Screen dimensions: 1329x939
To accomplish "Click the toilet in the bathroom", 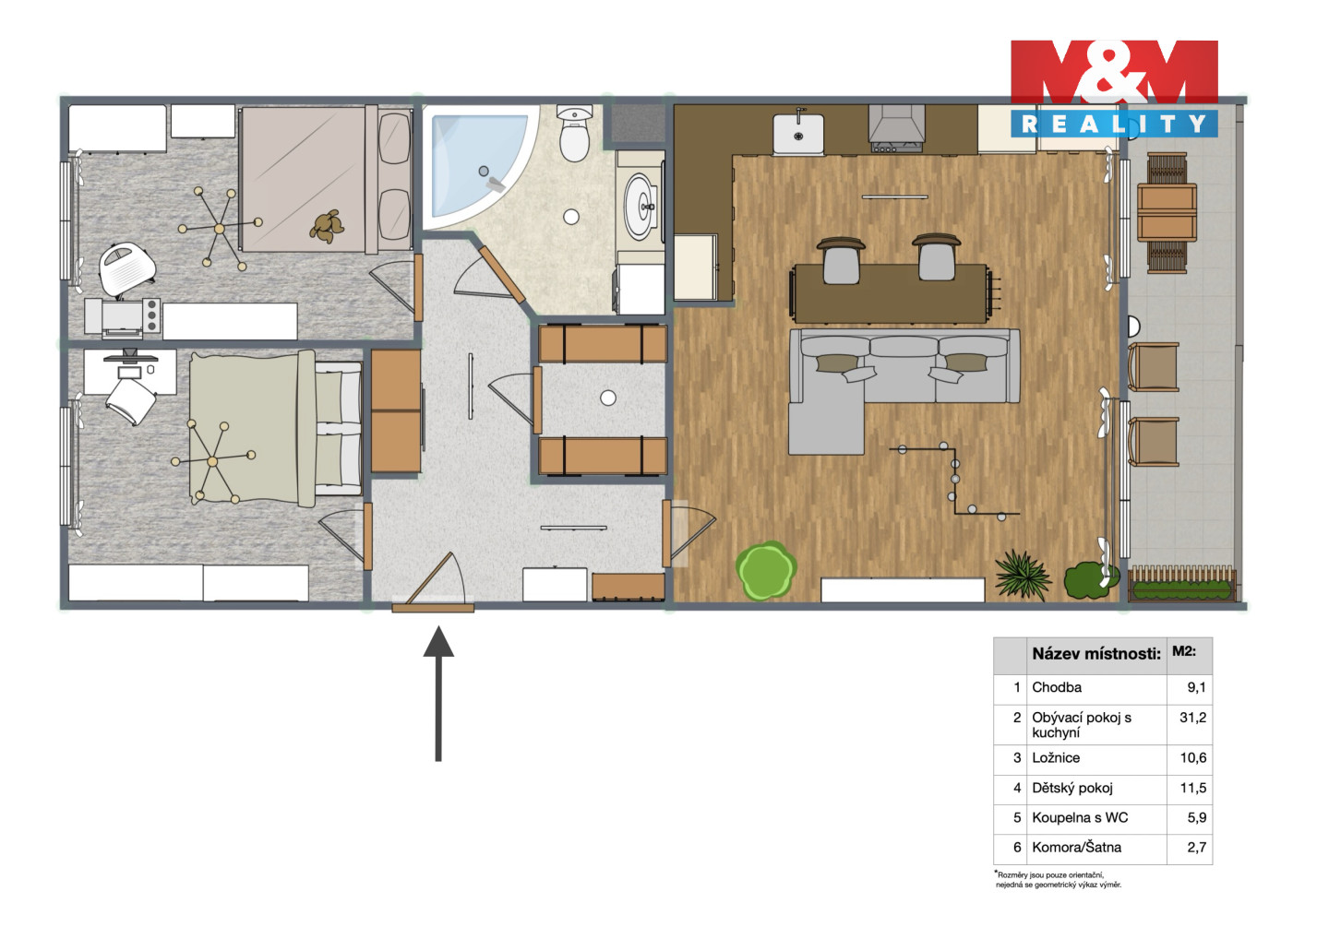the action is [x=574, y=134].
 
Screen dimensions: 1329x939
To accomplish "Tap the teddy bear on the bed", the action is [x=327, y=227].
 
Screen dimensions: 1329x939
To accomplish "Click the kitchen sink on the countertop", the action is [x=798, y=134].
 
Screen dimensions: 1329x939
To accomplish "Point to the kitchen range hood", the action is [x=896, y=128].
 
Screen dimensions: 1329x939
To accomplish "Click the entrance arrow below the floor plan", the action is [x=438, y=694].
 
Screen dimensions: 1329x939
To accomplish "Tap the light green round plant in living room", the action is [x=765, y=570].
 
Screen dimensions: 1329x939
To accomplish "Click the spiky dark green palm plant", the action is [x=1022, y=574].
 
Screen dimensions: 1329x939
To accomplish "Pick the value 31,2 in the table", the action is [x=1192, y=718].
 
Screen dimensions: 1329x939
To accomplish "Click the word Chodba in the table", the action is [x=1057, y=687].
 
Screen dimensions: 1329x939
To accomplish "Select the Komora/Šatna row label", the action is [x=1076, y=847].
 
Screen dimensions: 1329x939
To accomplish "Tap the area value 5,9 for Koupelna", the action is [x=1197, y=817].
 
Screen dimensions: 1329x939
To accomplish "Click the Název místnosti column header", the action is [x=1096, y=654].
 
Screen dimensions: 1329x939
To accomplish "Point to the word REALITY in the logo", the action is [x=1114, y=124].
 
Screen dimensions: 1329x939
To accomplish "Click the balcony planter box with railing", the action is [x=1182, y=584].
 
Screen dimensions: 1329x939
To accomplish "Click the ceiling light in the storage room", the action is [x=607, y=398].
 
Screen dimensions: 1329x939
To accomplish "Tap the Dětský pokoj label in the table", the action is [x=1072, y=788].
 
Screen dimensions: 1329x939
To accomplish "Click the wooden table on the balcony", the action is [x=1167, y=211].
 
